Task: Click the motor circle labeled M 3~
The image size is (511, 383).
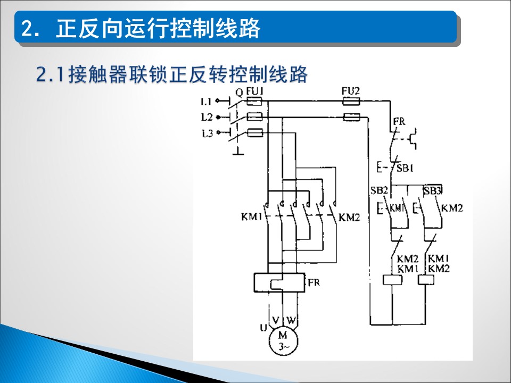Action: [x=283, y=341]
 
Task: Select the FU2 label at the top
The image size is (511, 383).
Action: [x=350, y=91]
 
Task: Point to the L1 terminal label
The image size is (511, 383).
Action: [x=207, y=102]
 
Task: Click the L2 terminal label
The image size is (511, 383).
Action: [x=207, y=117]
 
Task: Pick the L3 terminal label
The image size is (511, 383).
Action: [x=207, y=133]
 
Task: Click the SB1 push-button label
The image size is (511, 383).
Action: [x=405, y=168]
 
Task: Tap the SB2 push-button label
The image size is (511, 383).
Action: [x=379, y=190]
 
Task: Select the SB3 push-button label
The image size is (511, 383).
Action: [x=432, y=191]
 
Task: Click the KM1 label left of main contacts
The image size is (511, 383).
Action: [x=252, y=217]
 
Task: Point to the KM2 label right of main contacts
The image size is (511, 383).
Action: [x=349, y=217]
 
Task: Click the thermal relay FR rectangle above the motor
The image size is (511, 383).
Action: [x=279, y=282]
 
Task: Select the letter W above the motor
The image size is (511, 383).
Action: [x=291, y=320]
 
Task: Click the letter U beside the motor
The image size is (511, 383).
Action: [x=263, y=328]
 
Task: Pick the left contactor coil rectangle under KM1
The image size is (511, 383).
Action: [x=392, y=280]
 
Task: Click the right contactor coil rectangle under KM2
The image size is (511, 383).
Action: [x=426, y=280]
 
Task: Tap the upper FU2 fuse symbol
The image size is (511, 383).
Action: [x=351, y=102]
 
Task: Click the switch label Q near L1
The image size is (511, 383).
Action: [x=239, y=93]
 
